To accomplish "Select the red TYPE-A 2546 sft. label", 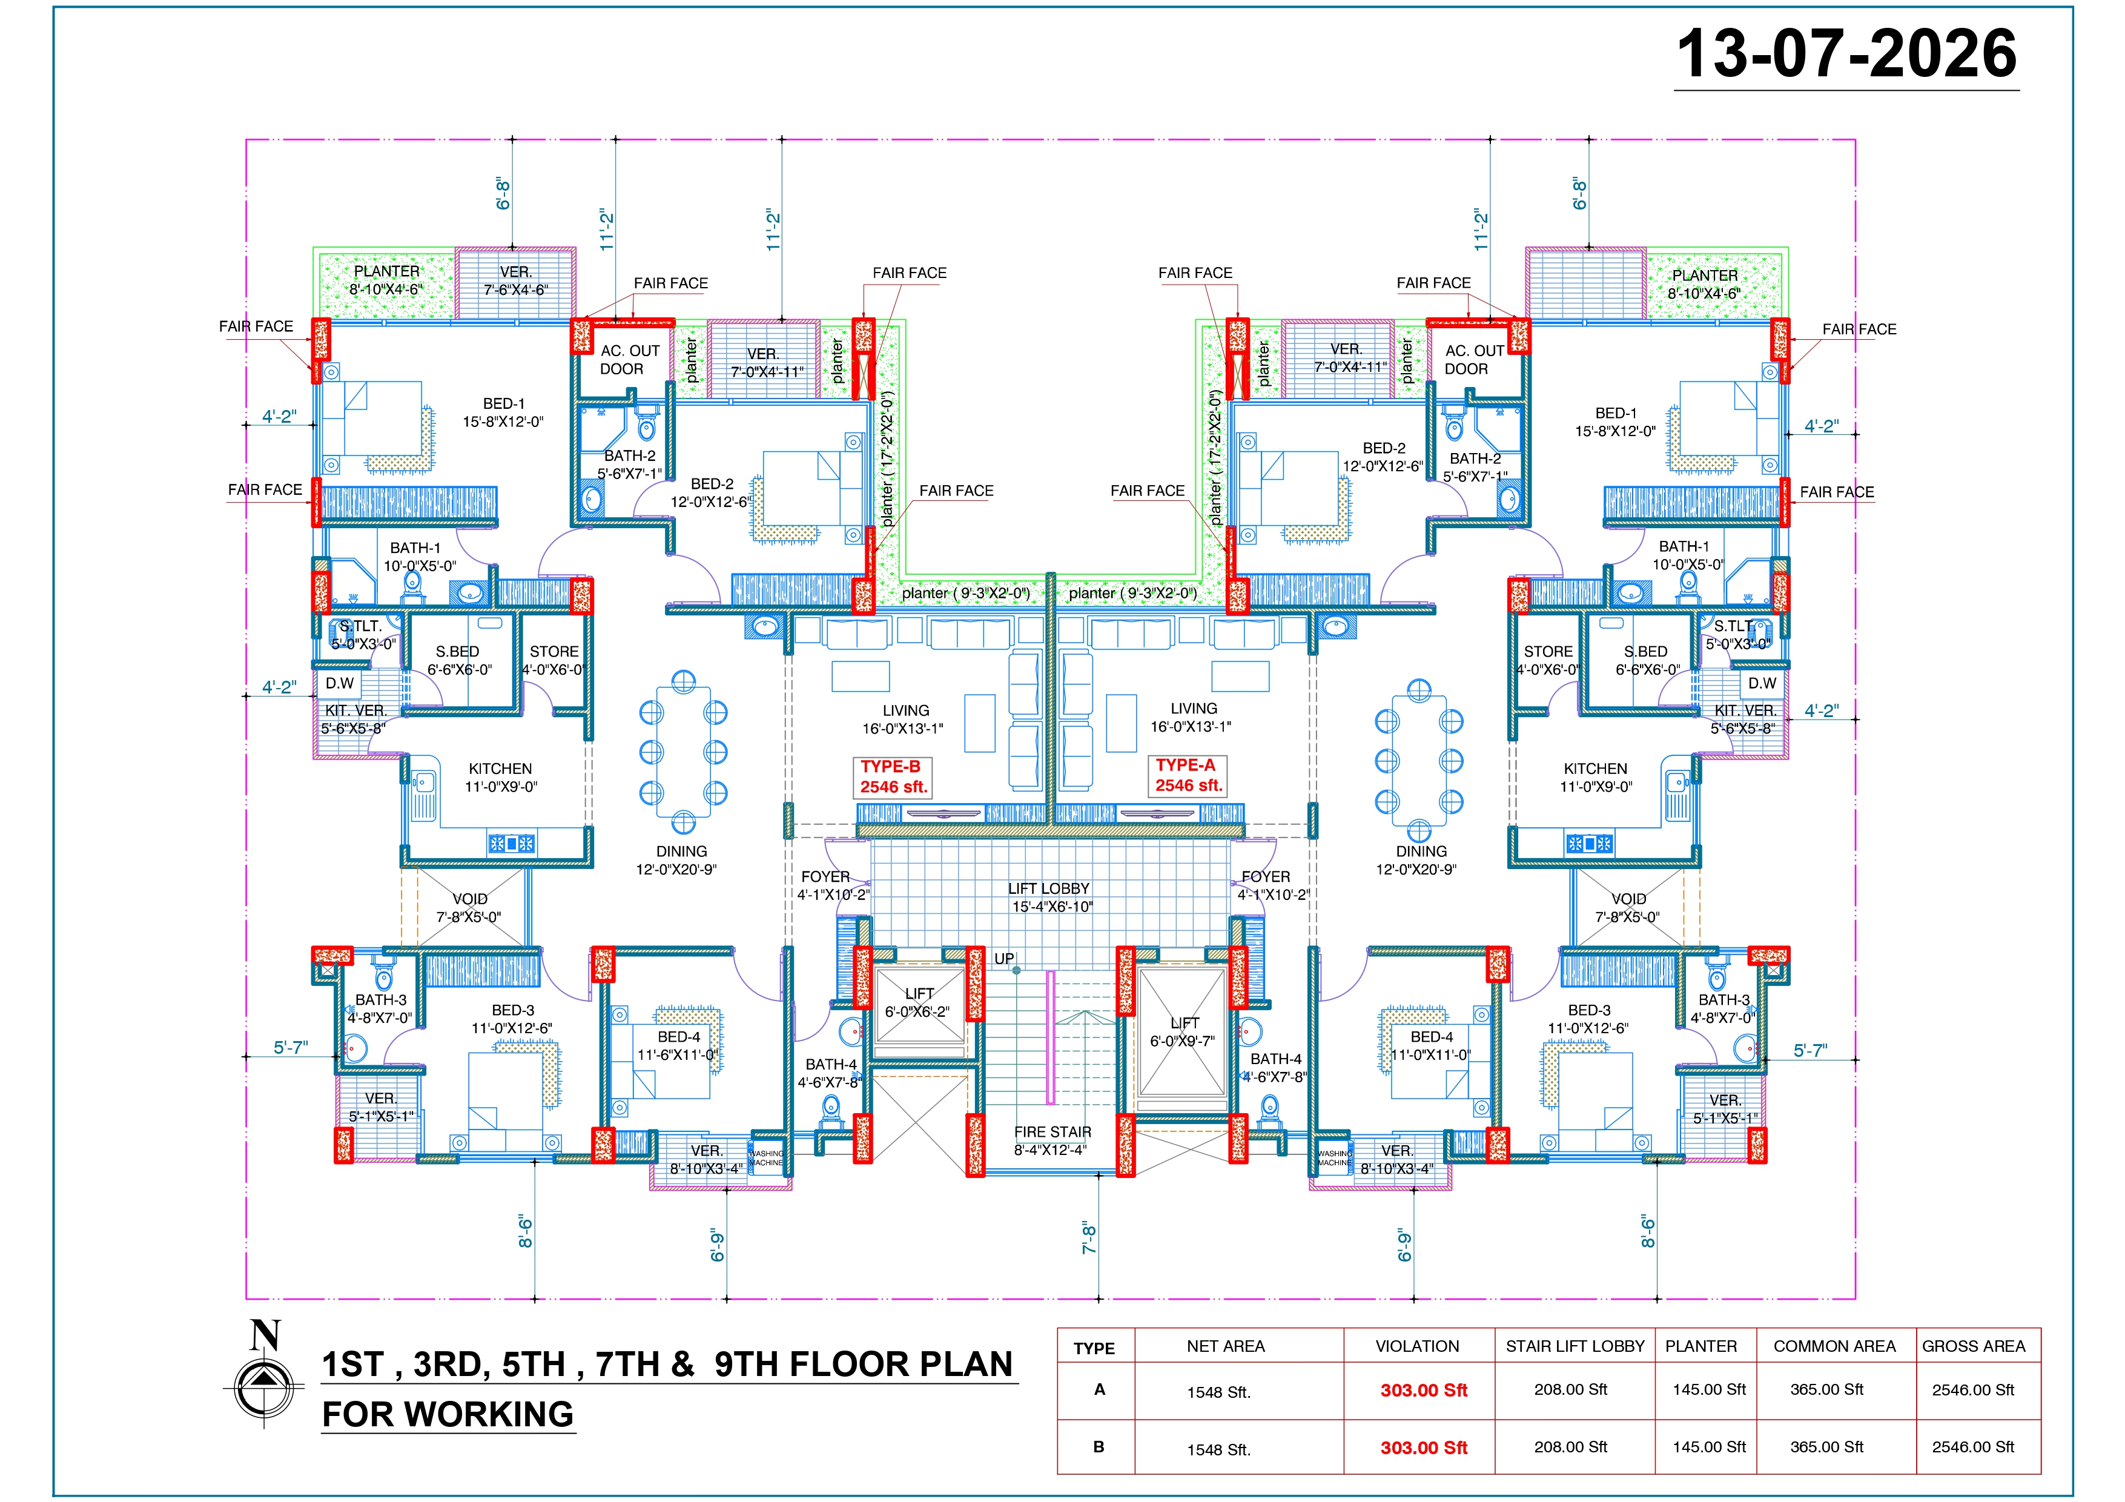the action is click(x=1188, y=775).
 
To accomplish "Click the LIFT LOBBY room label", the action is click(x=1049, y=888).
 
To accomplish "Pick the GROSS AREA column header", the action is click(x=1973, y=1346).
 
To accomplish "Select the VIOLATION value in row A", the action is click(x=1424, y=1390).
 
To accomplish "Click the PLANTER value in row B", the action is click(x=1708, y=1446).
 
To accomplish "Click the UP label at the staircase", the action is click(x=1004, y=959).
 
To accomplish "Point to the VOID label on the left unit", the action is click(x=469, y=899).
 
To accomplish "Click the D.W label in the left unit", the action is click(x=340, y=683).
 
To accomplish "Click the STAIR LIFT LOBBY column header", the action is click(x=1575, y=1346).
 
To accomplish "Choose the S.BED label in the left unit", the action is click(x=457, y=652).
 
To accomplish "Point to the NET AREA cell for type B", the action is click(x=1219, y=1449).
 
